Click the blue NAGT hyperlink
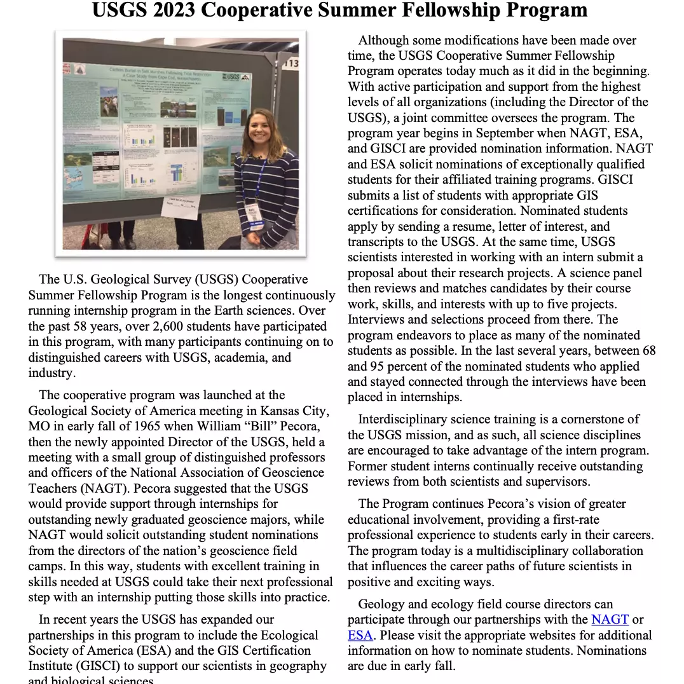click(610, 619)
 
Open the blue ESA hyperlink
click(360, 635)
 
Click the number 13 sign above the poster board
click(291, 63)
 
